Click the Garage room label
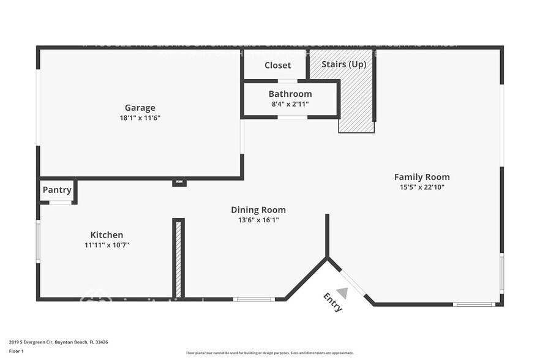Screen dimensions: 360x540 pos(140,108)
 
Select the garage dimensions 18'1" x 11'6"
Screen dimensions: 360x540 pos(140,118)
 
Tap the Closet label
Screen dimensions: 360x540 pos(277,65)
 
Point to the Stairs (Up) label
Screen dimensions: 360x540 pos(344,64)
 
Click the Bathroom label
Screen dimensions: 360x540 pos(290,94)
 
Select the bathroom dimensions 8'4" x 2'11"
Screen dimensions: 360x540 pos(290,104)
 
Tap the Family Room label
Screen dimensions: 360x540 pos(422,177)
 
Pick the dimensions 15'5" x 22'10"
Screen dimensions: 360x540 pos(422,187)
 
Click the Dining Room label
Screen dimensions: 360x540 pos(258,210)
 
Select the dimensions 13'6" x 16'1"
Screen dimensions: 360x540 pos(258,220)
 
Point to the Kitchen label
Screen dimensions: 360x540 pos(107,234)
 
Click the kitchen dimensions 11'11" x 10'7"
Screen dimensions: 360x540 pos(107,244)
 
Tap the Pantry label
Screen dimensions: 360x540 pos(57,190)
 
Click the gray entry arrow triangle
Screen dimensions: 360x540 pos(343,293)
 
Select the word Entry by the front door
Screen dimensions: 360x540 pos(333,302)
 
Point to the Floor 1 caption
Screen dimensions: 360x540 pos(16,351)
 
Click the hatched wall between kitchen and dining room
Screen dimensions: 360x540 pos(179,258)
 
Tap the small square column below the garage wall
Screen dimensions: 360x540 pos(179,182)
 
